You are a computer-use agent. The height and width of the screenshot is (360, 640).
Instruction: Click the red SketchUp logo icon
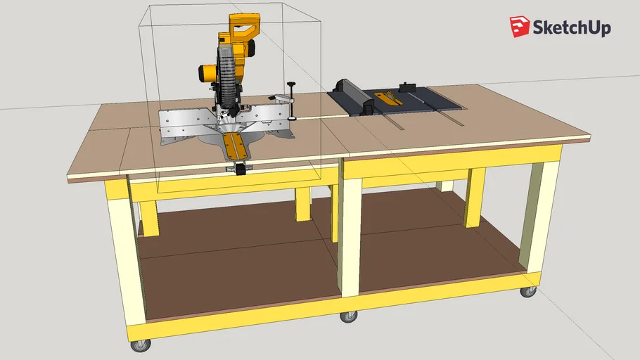520,27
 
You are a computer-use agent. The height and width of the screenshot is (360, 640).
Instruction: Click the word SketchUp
571,28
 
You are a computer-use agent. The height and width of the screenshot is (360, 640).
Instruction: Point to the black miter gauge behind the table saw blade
409,88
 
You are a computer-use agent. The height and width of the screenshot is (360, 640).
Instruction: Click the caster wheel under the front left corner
141,345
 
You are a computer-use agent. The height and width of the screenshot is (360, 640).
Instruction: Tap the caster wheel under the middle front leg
348,316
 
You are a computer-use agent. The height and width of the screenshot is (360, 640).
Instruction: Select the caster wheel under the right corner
527,290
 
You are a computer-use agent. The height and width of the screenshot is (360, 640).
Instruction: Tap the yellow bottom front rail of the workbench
316,310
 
